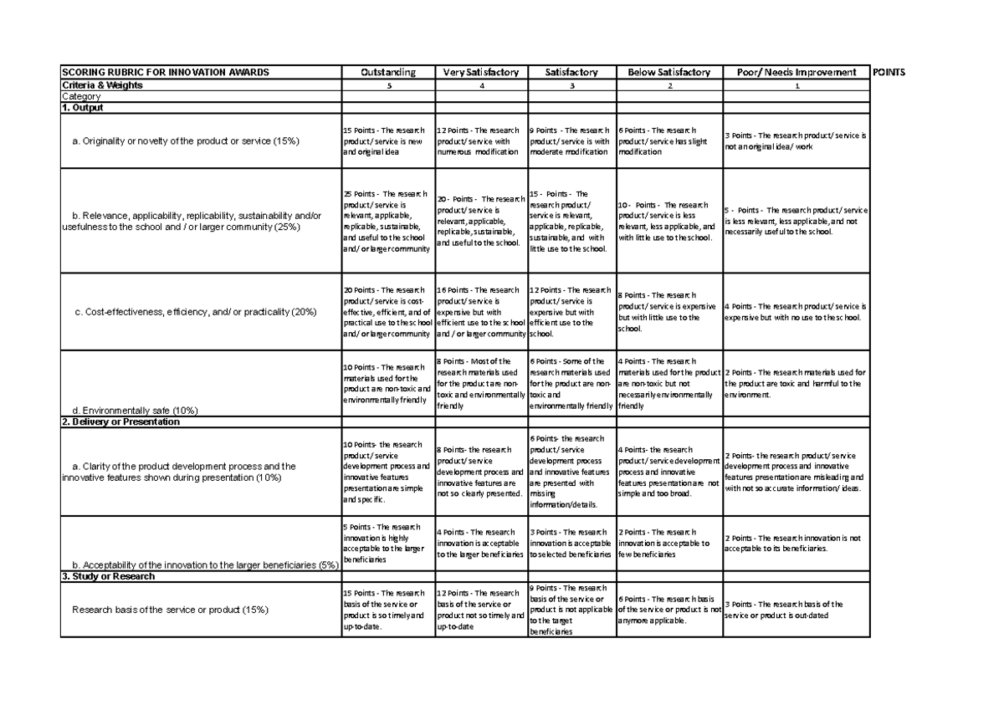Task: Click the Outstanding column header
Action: pyautogui.click(x=387, y=72)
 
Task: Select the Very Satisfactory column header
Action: pyautogui.click(x=481, y=72)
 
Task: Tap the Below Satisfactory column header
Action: pyautogui.click(x=668, y=72)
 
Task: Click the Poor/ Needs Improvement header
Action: pyautogui.click(x=796, y=72)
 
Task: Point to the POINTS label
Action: pyautogui.click(x=889, y=72)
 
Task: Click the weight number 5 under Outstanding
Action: pyautogui.click(x=388, y=86)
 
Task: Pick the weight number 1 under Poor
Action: pyautogui.click(x=797, y=86)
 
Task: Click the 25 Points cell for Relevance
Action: pyautogui.click(x=387, y=221)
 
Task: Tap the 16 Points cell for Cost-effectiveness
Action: pyautogui.click(x=481, y=312)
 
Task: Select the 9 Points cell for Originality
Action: pyautogui.click(x=571, y=141)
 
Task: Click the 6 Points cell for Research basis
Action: pyautogui.click(x=668, y=610)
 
